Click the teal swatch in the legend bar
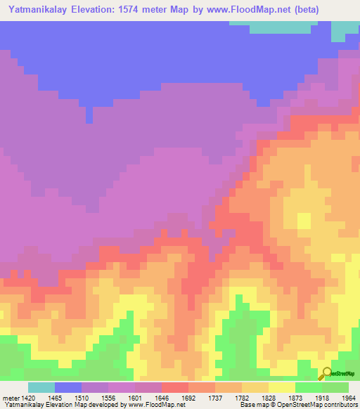pyautogui.click(x=41, y=387)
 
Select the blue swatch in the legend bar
pyautogui.click(x=68, y=387)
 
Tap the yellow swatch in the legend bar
pyautogui.click(x=282, y=387)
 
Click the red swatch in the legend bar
pyautogui.click(x=175, y=387)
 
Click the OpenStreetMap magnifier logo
pyautogui.click(x=328, y=372)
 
